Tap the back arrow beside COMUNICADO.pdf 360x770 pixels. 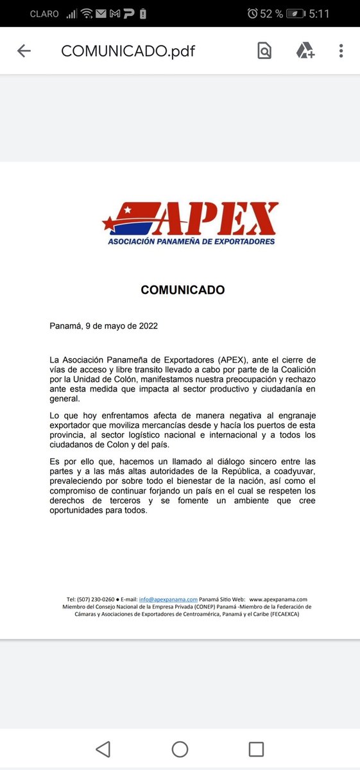(x=24, y=51)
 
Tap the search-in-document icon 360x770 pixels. (x=264, y=51)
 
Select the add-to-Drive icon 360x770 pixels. (x=305, y=51)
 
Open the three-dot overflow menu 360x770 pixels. (x=341, y=51)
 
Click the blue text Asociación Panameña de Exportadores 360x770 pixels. (x=191, y=242)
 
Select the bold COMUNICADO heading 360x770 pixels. (x=182, y=290)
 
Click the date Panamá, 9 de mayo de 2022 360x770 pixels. (x=103, y=325)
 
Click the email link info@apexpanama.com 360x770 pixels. (x=167, y=599)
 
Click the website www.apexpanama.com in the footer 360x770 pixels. (x=278, y=599)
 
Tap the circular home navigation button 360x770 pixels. (x=180, y=749)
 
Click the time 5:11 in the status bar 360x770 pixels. (x=336, y=13)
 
